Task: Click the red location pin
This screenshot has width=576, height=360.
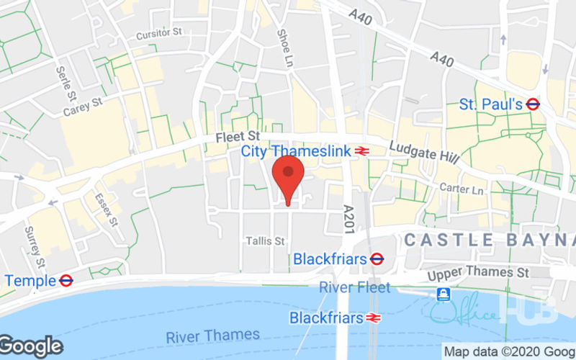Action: (x=289, y=177)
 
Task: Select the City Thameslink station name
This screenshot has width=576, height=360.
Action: (x=295, y=151)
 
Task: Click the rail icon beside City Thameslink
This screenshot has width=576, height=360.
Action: (x=362, y=151)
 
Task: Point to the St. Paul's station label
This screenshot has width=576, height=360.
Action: (x=490, y=104)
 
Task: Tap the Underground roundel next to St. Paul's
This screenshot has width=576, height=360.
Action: (x=533, y=104)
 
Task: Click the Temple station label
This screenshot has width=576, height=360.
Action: (x=30, y=280)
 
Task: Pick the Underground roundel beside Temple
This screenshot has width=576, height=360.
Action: (x=66, y=280)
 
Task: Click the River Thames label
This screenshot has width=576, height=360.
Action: (x=212, y=336)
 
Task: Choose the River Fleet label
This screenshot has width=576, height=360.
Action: (x=355, y=287)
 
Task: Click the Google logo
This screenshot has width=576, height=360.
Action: (x=31, y=346)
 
